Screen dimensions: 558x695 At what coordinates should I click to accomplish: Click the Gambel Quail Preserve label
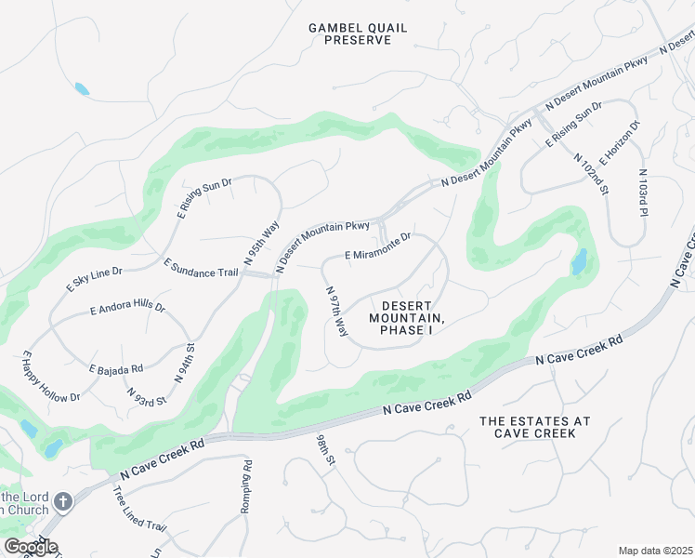358,34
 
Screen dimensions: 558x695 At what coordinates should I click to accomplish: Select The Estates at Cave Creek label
534,428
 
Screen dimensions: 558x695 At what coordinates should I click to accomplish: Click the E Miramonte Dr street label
377,246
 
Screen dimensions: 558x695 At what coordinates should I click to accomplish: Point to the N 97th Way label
335,312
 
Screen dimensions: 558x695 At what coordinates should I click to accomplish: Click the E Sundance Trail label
201,268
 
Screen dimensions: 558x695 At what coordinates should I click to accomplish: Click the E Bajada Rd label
116,368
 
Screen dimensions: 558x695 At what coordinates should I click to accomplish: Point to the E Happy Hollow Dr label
49,378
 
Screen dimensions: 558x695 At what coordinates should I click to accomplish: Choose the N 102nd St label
590,174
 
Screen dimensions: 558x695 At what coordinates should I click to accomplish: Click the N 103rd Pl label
642,193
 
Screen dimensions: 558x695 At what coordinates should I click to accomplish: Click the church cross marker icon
63,502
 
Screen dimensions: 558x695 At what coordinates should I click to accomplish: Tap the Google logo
30,547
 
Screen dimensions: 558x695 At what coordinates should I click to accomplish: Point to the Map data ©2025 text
655,551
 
